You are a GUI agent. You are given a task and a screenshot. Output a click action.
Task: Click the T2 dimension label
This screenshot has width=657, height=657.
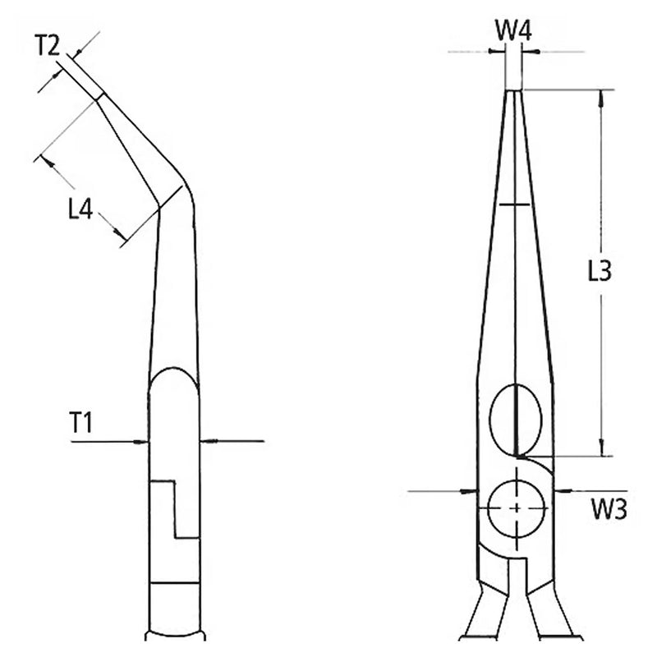(47, 45)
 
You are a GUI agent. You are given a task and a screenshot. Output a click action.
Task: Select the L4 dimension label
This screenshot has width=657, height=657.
(80, 209)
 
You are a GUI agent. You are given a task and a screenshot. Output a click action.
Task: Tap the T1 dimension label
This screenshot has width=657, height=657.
(80, 422)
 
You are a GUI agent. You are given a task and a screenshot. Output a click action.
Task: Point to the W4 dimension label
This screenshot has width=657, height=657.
(514, 30)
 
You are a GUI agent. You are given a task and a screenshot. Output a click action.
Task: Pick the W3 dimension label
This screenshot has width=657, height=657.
(609, 509)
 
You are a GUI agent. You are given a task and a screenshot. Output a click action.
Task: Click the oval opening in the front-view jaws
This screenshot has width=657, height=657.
(516, 420)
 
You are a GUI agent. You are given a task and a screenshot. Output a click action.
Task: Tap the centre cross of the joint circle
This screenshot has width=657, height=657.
(517, 508)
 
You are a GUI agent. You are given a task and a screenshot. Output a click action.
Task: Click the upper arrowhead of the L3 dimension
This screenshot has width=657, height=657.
(601, 99)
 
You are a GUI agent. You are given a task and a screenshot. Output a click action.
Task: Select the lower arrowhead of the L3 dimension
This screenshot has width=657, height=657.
(602, 448)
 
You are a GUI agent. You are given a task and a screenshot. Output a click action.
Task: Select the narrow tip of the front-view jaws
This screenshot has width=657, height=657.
(514, 91)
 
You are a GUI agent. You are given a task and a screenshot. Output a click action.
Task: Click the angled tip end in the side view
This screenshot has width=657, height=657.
(100, 96)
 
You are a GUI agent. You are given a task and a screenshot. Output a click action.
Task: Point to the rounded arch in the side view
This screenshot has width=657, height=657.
(173, 379)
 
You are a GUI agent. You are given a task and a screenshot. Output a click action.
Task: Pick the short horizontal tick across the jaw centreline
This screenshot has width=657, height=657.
(515, 204)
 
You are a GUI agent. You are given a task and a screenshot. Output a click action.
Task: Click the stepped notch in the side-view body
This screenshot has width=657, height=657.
(175, 509)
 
